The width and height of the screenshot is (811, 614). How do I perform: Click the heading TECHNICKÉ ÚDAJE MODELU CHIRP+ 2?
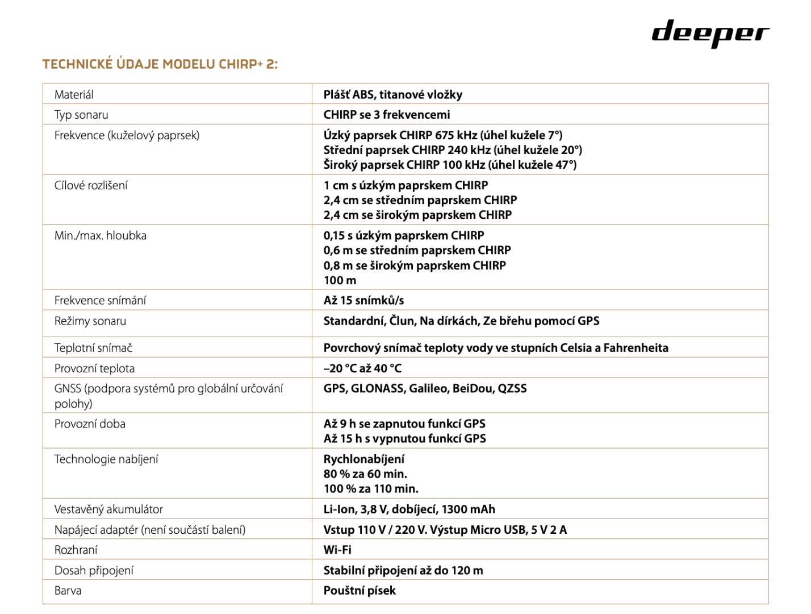[160, 64]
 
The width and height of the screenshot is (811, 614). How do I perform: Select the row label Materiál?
[74, 94]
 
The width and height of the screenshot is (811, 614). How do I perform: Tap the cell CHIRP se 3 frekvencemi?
[387, 115]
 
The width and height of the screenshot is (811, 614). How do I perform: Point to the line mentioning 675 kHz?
[443, 135]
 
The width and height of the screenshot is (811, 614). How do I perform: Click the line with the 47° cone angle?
[450, 165]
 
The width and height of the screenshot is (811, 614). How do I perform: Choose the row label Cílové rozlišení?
[91, 185]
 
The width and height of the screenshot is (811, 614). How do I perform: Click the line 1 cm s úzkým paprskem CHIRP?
[405, 185]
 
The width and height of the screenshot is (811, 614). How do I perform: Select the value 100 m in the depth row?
[340, 280]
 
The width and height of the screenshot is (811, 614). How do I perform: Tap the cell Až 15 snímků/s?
[363, 300]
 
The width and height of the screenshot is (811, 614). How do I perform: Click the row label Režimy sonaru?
[90, 321]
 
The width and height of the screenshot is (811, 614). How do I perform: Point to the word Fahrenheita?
[636, 348]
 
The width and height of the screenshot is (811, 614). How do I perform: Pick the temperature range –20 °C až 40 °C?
[362, 368]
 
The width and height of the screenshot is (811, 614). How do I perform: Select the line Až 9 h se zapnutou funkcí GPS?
[404, 424]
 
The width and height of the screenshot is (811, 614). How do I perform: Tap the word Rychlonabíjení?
[364, 459]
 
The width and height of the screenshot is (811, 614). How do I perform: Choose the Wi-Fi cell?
[337, 550]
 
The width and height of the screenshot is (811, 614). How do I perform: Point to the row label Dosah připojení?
[94, 570]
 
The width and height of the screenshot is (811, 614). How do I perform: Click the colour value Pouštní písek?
[359, 591]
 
